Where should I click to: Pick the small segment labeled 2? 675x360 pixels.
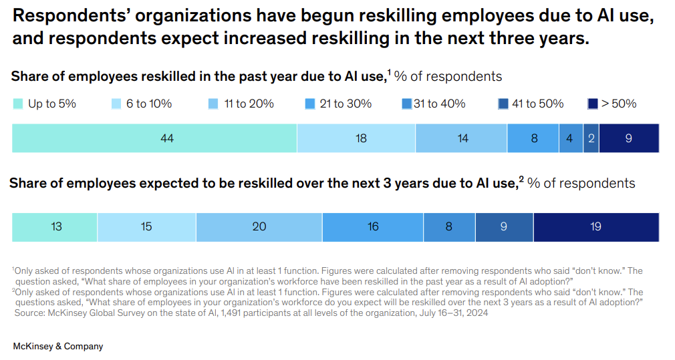point(591,138)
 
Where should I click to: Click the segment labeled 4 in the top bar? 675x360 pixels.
point(570,138)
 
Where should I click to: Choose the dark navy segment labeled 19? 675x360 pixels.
point(595,226)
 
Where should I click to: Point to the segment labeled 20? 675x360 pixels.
point(259,226)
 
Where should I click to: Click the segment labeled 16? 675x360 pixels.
point(372,226)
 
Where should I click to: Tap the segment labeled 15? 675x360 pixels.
point(146,226)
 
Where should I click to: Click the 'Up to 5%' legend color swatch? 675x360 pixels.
point(18,104)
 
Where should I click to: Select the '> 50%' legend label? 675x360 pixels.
point(618,104)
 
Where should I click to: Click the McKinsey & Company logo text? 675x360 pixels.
point(58,347)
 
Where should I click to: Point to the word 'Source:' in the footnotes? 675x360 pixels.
point(29,313)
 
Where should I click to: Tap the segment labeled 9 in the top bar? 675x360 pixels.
point(628,138)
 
